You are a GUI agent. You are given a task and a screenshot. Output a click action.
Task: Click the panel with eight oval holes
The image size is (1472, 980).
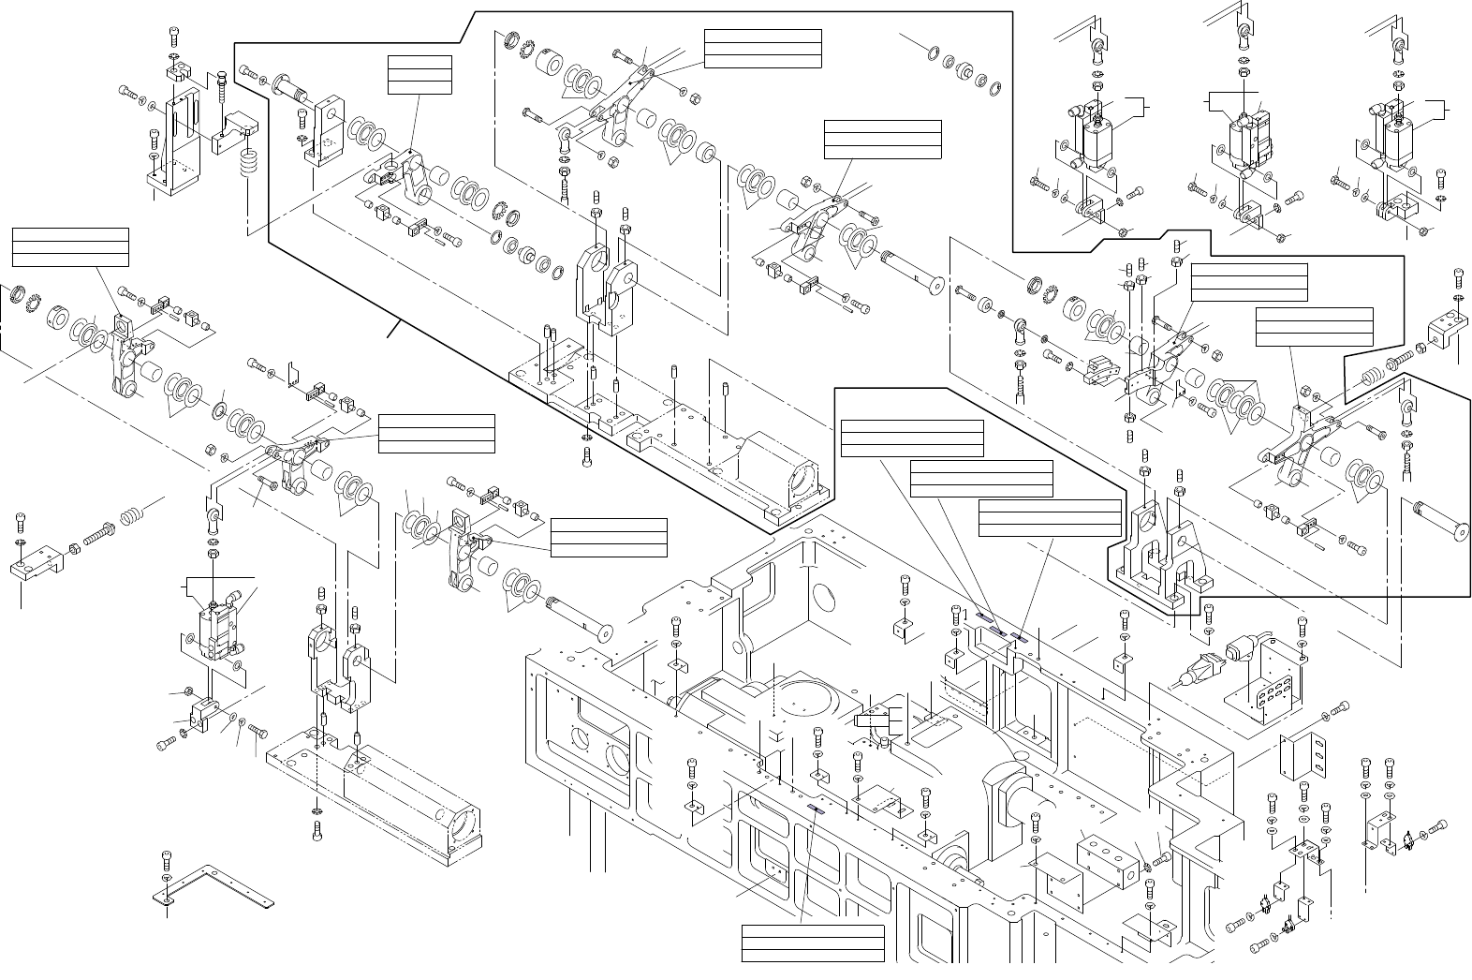pyautogui.click(x=1264, y=692)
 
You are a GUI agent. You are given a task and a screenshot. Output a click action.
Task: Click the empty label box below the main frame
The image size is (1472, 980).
pyautogui.click(x=813, y=943)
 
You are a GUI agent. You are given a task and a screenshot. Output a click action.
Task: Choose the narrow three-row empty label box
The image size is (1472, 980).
pyautogui.click(x=420, y=75)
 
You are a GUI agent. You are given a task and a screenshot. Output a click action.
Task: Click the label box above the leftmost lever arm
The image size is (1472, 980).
pyautogui.click(x=70, y=245)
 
